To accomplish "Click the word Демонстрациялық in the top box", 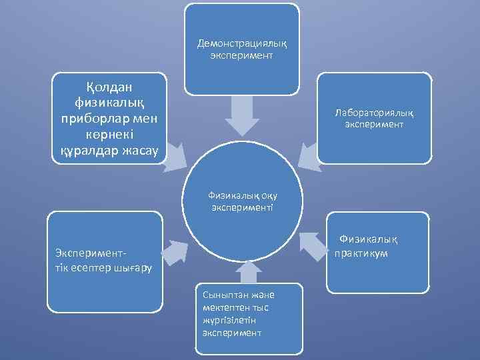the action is click(241, 44).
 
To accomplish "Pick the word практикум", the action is click(362, 254).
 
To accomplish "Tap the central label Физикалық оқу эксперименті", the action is click(242, 201).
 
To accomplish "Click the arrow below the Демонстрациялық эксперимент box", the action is click(241, 117).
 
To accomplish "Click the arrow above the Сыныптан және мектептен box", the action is click(247, 271).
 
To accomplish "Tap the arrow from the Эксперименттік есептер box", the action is click(174, 251).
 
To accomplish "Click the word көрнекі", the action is click(107, 135).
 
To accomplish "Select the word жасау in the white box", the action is click(140, 150).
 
